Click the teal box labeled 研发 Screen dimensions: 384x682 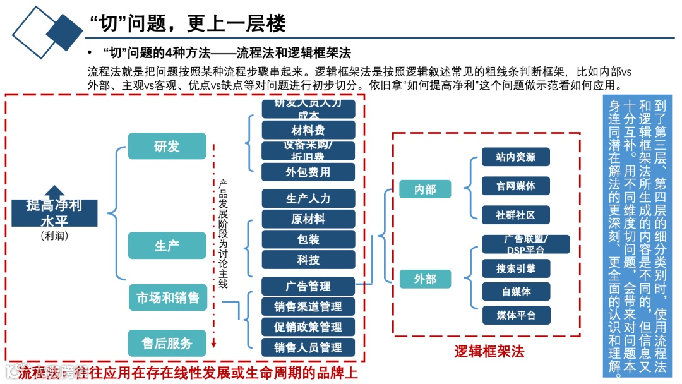click(x=167, y=146)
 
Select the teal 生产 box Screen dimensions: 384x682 click(x=167, y=246)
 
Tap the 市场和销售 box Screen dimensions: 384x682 click(x=167, y=297)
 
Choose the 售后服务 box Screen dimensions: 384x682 click(x=167, y=343)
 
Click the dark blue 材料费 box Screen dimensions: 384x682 click(x=308, y=130)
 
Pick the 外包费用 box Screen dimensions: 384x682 click(x=308, y=172)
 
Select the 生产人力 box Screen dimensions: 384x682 click(x=308, y=198)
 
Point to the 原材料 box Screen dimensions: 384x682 click(x=308, y=219)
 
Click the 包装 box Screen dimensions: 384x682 click(x=308, y=239)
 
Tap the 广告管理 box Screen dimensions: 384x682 click(x=308, y=286)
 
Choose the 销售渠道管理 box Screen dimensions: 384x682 click(x=308, y=306)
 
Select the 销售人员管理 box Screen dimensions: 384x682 click(x=308, y=347)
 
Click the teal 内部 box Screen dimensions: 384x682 click(x=425, y=189)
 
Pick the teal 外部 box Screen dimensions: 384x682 click(x=425, y=279)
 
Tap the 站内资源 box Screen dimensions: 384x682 click(x=515, y=157)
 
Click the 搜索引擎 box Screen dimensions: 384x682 click(x=515, y=268)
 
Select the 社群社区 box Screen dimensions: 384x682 click(x=515, y=215)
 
